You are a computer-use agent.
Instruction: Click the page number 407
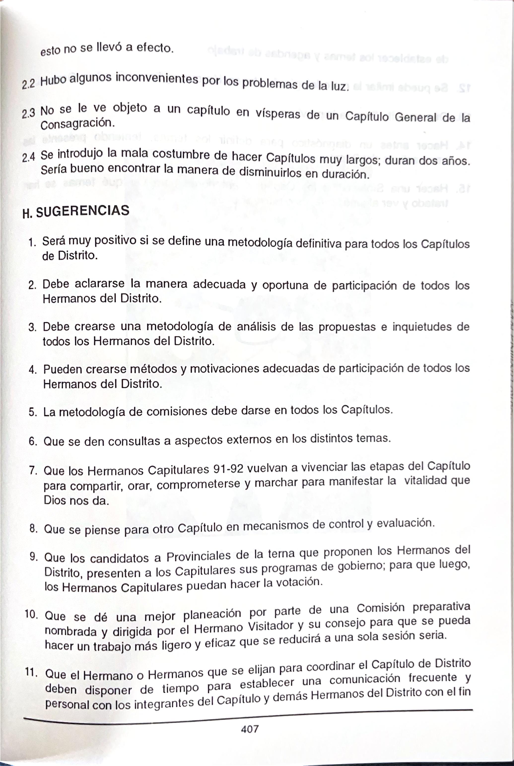250,729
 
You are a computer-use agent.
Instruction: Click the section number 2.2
28,84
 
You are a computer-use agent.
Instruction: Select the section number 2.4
29,158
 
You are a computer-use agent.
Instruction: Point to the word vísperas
278,114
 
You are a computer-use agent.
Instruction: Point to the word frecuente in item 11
432,677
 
